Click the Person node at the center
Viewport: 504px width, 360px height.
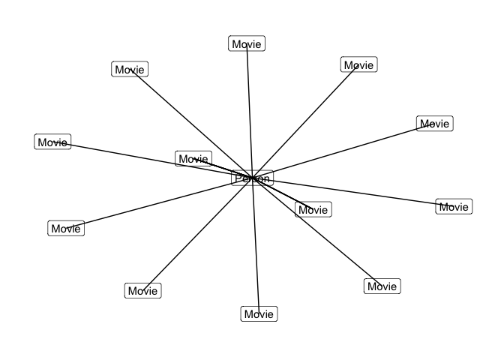coord(252,178)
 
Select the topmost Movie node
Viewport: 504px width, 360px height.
coord(247,44)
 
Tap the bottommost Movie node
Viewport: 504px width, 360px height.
coord(259,314)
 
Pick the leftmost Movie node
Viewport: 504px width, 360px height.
coord(52,142)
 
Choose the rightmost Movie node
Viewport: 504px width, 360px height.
coord(454,207)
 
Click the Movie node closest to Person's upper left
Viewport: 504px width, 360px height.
coord(193,159)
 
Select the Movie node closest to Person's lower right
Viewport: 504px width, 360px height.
coord(313,210)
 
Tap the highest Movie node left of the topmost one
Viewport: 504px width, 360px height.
coord(130,70)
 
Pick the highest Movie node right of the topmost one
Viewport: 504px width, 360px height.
coord(358,65)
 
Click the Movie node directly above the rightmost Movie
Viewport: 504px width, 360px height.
coord(435,124)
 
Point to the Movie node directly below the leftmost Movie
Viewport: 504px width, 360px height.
coord(66,229)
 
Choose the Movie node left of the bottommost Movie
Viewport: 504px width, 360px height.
coord(142,291)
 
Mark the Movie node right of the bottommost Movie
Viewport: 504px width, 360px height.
coord(382,286)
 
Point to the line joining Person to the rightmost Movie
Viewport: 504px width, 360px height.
coord(352,193)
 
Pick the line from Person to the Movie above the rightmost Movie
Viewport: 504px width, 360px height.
coord(345,150)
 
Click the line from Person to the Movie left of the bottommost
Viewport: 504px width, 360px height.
coord(196,235)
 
